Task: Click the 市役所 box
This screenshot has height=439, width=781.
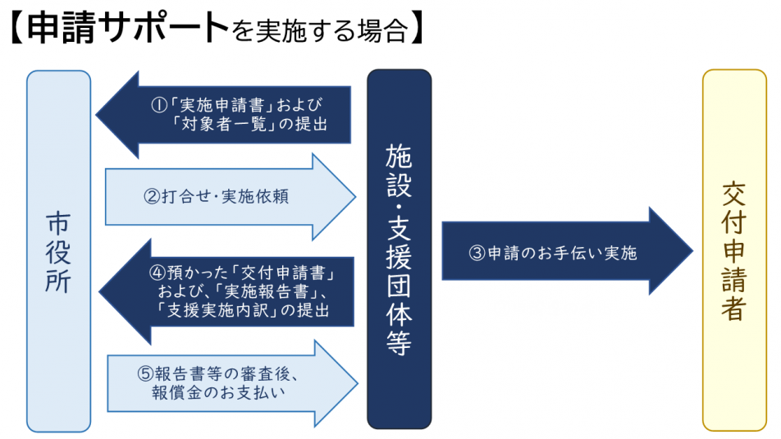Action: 58,250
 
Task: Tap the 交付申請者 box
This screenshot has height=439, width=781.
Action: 733,250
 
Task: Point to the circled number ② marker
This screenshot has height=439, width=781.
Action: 150,197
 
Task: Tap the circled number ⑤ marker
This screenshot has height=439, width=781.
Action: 144,372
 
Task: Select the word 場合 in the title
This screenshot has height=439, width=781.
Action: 381,31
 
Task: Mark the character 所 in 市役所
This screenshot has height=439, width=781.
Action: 58,281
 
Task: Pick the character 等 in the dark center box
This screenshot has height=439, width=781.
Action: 399,343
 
